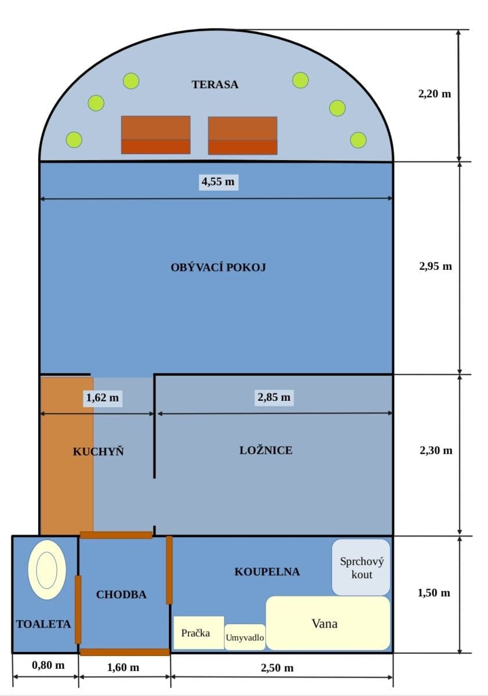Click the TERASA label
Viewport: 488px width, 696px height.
(x=215, y=85)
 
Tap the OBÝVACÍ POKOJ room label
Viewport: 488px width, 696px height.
(x=218, y=267)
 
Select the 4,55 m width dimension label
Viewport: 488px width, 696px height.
(x=218, y=182)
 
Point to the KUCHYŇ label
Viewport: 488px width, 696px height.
(x=98, y=451)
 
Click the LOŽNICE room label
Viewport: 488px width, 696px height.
(x=266, y=450)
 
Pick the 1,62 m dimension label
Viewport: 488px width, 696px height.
(x=102, y=398)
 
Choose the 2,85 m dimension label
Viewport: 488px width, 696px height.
(x=273, y=397)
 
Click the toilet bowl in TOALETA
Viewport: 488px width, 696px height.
(x=46, y=569)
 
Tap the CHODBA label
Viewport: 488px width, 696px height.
(x=121, y=594)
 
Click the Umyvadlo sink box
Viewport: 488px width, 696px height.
(x=245, y=638)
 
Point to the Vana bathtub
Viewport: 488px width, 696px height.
(x=327, y=623)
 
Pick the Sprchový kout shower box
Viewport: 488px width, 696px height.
(x=361, y=568)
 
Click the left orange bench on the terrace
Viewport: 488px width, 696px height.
(x=156, y=135)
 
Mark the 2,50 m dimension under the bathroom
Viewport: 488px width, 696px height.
(x=277, y=668)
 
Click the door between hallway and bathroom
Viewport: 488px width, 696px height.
(x=169, y=570)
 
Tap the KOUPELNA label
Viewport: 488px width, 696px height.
(x=267, y=572)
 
